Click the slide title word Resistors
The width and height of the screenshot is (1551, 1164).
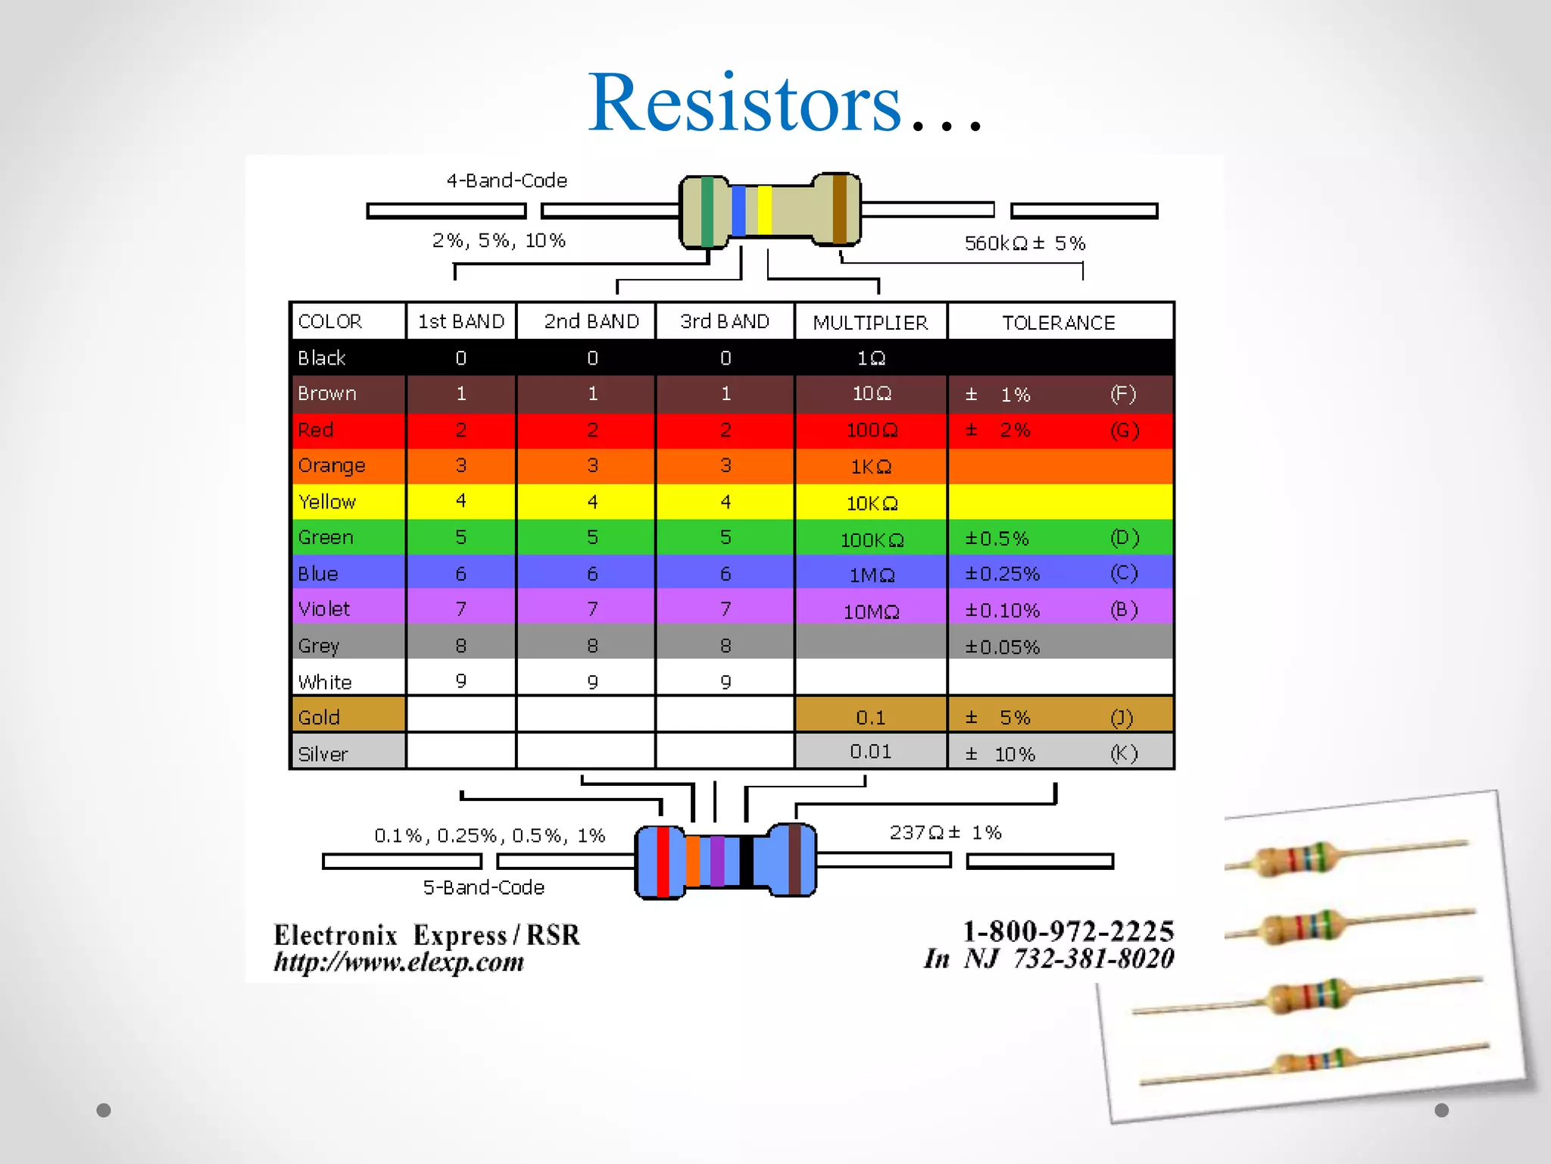[745, 103]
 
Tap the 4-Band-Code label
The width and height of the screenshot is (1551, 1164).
[507, 181]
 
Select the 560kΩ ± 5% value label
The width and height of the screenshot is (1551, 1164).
[1025, 243]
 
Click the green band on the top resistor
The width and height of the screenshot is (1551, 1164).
[707, 211]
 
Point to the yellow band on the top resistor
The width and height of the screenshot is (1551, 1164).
[765, 210]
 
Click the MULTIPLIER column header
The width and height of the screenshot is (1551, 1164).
[870, 323]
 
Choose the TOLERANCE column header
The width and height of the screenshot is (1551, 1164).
[1059, 323]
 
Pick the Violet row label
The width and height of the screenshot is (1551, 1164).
[324, 609]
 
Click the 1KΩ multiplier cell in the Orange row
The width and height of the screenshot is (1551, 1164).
[870, 467]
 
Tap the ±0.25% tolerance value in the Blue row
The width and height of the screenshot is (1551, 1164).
[1002, 574]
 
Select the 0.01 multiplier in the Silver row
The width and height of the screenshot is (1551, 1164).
[870, 752]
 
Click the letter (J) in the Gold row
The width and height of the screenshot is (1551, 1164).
[1122, 718]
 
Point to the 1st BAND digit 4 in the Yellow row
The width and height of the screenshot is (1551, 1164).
[460, 501]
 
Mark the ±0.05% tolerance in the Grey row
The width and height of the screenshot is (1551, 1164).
[1002, 647]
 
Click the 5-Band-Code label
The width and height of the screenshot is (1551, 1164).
[483, 887]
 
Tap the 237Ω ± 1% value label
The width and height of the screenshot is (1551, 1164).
[945, 833]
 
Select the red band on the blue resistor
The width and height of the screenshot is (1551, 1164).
[663, 862]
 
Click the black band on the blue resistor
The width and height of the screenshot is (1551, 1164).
[746, 861]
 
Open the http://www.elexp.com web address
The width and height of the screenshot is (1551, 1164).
[398, 962]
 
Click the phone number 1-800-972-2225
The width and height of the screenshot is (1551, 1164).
[1069, 931]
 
